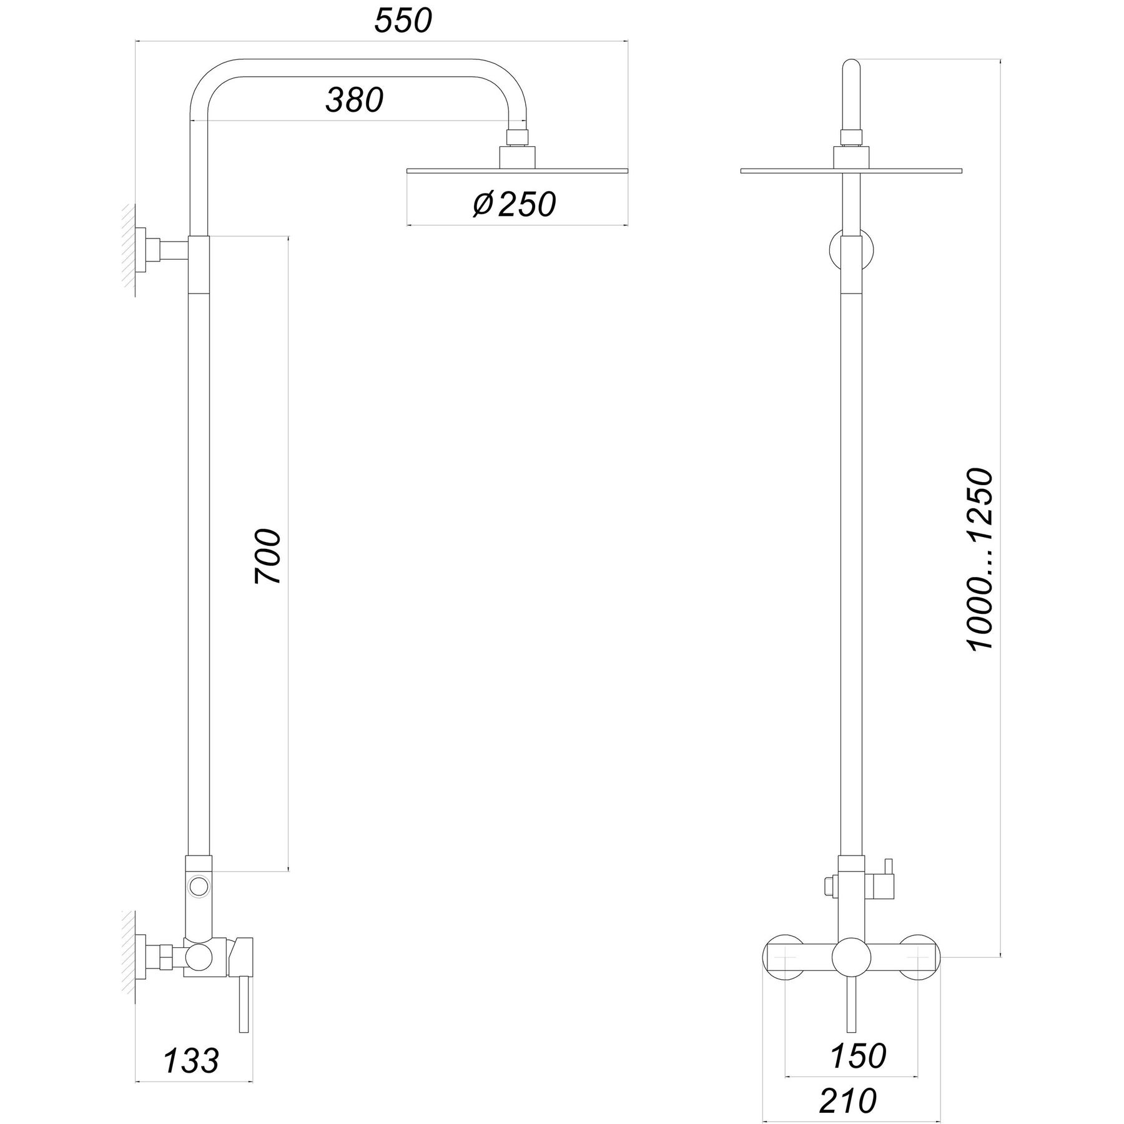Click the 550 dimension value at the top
[x=403, y=21]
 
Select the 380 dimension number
[x=354, y=100]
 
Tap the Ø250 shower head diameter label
[x=514, y=204]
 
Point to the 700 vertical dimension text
[x=268, y=555]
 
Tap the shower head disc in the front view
[x=850, y=170]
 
